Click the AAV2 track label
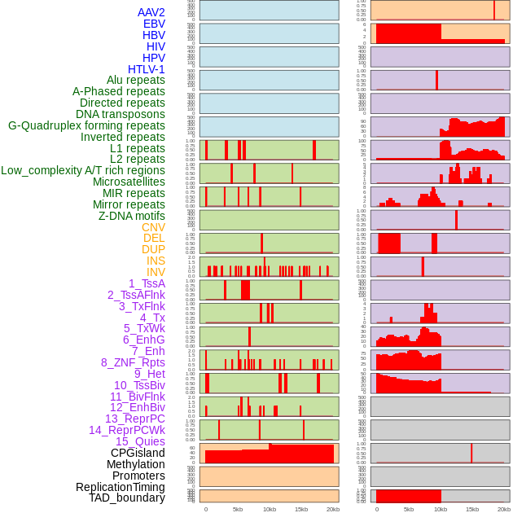coord(151,12)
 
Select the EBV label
coord(154,24)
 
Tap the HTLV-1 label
coord(147,69)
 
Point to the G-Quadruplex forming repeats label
coord(86,125)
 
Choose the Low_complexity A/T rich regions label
coord(83,170)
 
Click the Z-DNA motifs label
coord(131,216)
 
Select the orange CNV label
coord(153,227)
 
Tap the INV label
coord(156,272)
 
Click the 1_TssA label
coord(147,283)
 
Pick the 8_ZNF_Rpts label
coord(133,362)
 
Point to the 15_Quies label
coord(140,441)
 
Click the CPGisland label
coord(138,453)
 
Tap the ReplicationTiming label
coord(120,487)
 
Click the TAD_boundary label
coord(127,498)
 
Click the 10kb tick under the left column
coord(269,509)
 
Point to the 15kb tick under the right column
coord(472,509)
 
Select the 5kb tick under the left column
coord(238,509)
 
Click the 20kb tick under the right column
coord(504,509)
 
